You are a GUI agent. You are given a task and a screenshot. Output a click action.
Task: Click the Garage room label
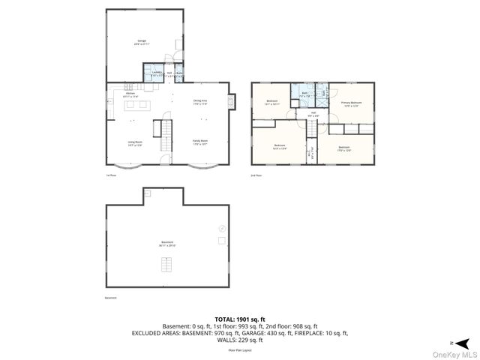(x=142, y=42)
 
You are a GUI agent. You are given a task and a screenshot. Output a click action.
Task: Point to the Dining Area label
(x=200, y=102)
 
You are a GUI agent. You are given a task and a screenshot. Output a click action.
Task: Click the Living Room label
(x=134, y=142)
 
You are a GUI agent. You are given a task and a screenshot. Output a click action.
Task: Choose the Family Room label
(x=200, y=142)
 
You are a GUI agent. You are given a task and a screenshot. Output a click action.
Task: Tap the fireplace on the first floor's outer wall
(x=234, y=100)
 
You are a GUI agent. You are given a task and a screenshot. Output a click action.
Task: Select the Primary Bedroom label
(x=351, y=104)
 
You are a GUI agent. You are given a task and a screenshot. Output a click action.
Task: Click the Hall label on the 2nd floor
(x=313, y=114)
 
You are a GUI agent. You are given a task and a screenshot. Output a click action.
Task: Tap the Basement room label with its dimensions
(x=166, y=244)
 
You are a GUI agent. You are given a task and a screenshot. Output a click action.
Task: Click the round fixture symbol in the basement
(x=221, y=228)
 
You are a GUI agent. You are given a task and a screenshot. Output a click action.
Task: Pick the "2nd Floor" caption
(x=256, y=175)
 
